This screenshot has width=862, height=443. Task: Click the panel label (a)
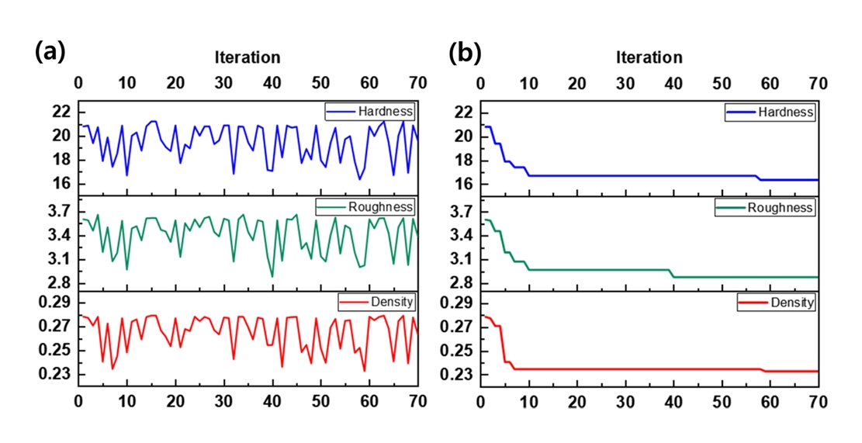click(50, 53)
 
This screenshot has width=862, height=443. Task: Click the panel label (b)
click(465, 53)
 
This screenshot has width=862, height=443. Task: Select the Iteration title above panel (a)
click(248, 57)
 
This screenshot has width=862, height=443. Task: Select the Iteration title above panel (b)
click(649, 57)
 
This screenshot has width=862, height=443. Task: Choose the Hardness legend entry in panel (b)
click(770, 112)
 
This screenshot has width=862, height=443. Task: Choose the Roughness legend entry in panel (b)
click(770, 208)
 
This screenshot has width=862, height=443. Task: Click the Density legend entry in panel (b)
click(778, 303)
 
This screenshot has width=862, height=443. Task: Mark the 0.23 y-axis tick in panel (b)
click(458, 375)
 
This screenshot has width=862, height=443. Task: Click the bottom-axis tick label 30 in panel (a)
click(224, 402)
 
